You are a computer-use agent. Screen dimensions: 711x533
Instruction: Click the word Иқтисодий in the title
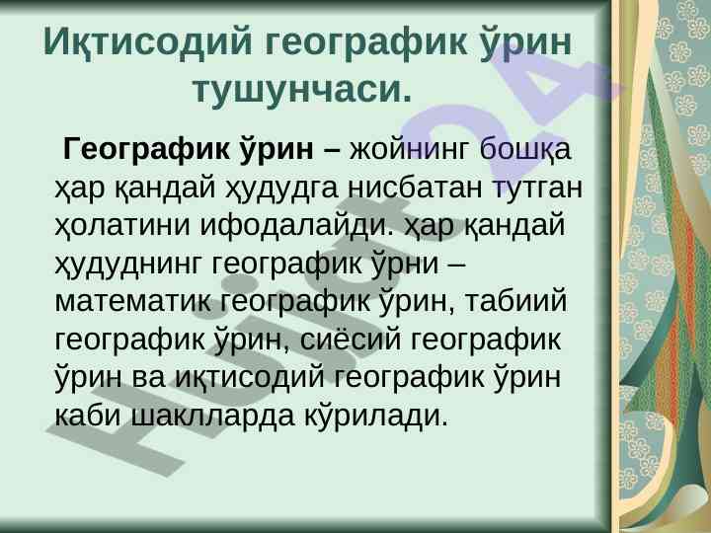(x=147, y=42)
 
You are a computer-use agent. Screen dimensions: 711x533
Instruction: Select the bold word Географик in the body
(x=149, y=149)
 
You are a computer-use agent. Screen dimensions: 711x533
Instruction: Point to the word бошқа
(x=524, y=150)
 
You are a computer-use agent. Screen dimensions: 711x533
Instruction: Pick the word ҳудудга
(x=282, y=188)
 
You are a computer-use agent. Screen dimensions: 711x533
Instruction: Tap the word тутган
(x=537, y=188)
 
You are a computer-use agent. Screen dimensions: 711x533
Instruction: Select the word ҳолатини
(x=121, y=226)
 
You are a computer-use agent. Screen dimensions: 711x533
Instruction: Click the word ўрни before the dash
(x=405, y=263)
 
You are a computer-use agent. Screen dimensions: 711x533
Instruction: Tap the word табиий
(x=515, y=300)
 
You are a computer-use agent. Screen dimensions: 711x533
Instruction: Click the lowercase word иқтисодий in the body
(x=250, y=378)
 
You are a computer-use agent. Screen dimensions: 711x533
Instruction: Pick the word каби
(x=88, y=416)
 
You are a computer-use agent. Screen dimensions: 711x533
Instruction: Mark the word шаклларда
(x=213, y=417)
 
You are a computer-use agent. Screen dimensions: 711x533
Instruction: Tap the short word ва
(x=149, y=379)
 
